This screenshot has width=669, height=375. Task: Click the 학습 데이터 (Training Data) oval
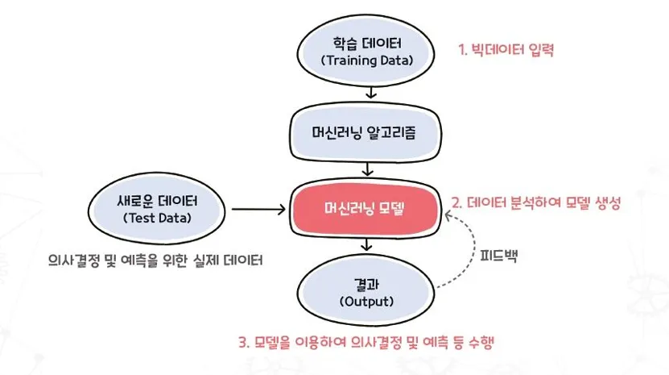(x=367, y=49)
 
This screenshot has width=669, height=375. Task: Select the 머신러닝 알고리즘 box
(x=367, y=133)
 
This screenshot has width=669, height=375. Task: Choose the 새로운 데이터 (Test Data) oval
(x=160, y=208)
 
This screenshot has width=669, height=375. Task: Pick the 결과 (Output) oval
(x=367, y=292)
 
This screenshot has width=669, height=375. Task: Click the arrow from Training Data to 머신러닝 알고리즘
(x=368, y=91)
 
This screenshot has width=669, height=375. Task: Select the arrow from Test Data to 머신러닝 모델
(x=260, y=210)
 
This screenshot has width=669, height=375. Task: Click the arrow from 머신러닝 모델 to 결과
(x=368, y=244)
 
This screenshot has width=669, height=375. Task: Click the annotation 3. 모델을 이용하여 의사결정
(x=366, y=342)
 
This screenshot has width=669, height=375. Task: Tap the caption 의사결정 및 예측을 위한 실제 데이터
(x=155, y=261)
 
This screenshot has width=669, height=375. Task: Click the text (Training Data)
(x=367, y=60)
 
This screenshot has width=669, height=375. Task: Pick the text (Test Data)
(x=160, y=219)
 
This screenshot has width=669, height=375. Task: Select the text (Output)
(x=367, y=302)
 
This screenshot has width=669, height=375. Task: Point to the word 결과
(x=367, y=283)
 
